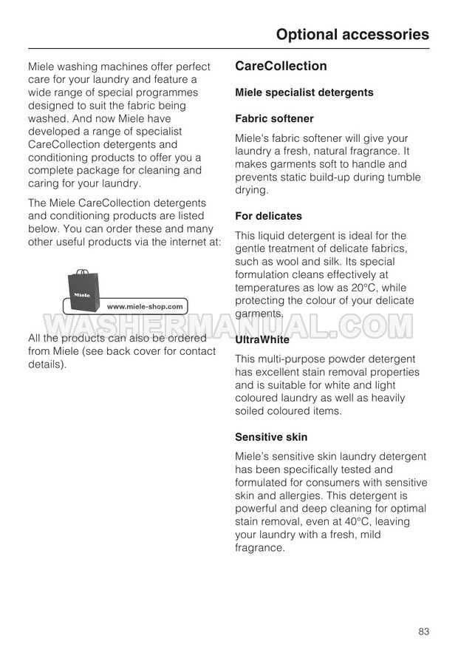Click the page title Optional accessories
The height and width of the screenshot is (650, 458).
pyautogui.click(x=352, y=34)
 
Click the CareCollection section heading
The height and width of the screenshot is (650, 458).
pyautogui.click(x=281, y=66)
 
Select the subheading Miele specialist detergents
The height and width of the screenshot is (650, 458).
pyautogui.click(x=304, y=92)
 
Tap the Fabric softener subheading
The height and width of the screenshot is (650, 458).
pyautogui.click(x=274, y=118)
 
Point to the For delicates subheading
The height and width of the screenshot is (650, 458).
pyautogui.click(x=268, y=216)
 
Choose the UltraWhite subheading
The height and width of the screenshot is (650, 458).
pyautogui.click(x=262, y=340)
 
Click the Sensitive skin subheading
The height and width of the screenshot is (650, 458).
pyautogui.click(x=271, y=437)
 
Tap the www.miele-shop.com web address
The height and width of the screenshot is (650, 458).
pyautogui.click(x=146, y=306)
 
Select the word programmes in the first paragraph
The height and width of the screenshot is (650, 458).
pyautogui.click(x=168, y=92)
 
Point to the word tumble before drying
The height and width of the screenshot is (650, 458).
pyautogui.click(x=403, y=177)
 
